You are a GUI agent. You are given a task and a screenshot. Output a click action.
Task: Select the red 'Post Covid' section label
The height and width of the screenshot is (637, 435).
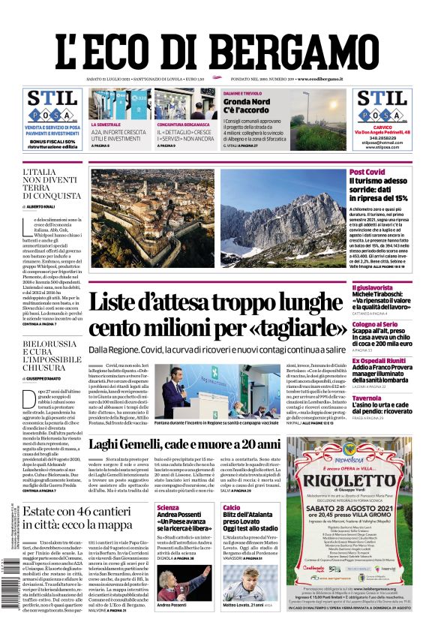367,172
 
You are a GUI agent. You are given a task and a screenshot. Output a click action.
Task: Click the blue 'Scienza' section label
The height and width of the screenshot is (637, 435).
167,508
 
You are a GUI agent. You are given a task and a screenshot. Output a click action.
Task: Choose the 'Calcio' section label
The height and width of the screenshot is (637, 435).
231,508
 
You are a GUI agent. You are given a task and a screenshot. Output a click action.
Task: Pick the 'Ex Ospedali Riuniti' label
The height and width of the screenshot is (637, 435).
379,360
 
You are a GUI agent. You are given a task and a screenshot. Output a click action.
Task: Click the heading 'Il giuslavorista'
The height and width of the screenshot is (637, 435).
372,287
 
